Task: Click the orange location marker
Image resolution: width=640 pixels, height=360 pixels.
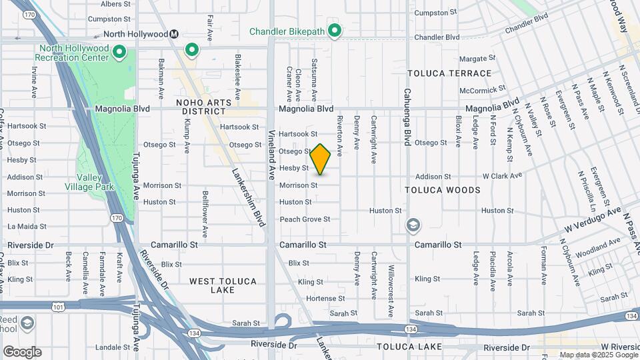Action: [321, 159]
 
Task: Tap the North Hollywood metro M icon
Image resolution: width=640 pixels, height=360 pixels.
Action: [174, 34]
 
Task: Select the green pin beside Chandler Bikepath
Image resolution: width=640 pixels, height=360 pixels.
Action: [335, 31]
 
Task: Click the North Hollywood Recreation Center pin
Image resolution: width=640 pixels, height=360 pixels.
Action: [119, 51]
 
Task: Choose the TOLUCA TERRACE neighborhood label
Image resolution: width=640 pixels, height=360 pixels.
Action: [449, 73]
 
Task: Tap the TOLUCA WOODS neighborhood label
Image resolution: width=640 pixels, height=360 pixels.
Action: [443, 190]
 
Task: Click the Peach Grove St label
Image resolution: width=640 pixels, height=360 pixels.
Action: [305, 219]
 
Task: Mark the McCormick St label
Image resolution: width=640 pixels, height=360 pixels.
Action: [482, 90]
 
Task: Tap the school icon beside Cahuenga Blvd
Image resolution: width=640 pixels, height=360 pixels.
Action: [413, 225]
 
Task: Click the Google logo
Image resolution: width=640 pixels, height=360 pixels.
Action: [22, 352]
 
